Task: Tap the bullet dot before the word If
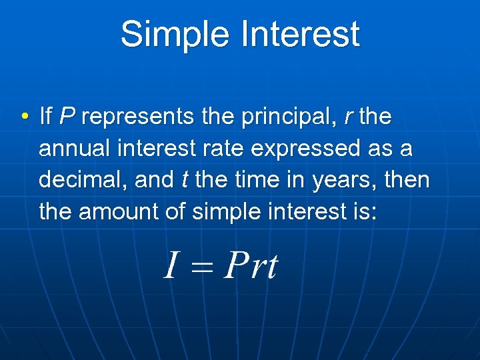(24, 118)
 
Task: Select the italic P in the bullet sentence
(67, 117)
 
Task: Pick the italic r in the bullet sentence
(348, 118)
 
